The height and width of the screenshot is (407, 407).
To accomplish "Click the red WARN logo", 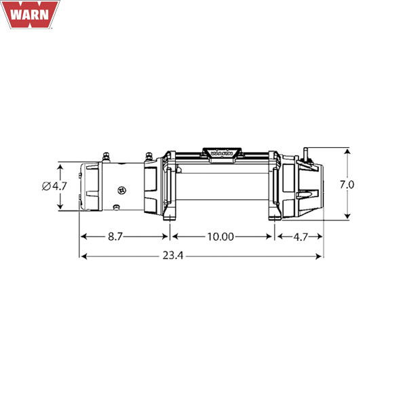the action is tap(30, 14).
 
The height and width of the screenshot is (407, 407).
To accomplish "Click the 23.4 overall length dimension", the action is tap(173, 256).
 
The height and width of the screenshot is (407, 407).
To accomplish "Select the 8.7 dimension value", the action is tap(115, 237).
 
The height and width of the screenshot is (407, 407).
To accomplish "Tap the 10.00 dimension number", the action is tap(220, 237).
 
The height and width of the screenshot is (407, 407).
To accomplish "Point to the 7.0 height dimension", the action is tap(347, 185).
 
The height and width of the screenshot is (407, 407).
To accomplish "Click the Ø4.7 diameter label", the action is tap(54, 186).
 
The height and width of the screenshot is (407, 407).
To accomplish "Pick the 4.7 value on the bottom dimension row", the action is tap(301, 237).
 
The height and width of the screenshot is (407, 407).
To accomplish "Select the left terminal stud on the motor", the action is tap(106, 157).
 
